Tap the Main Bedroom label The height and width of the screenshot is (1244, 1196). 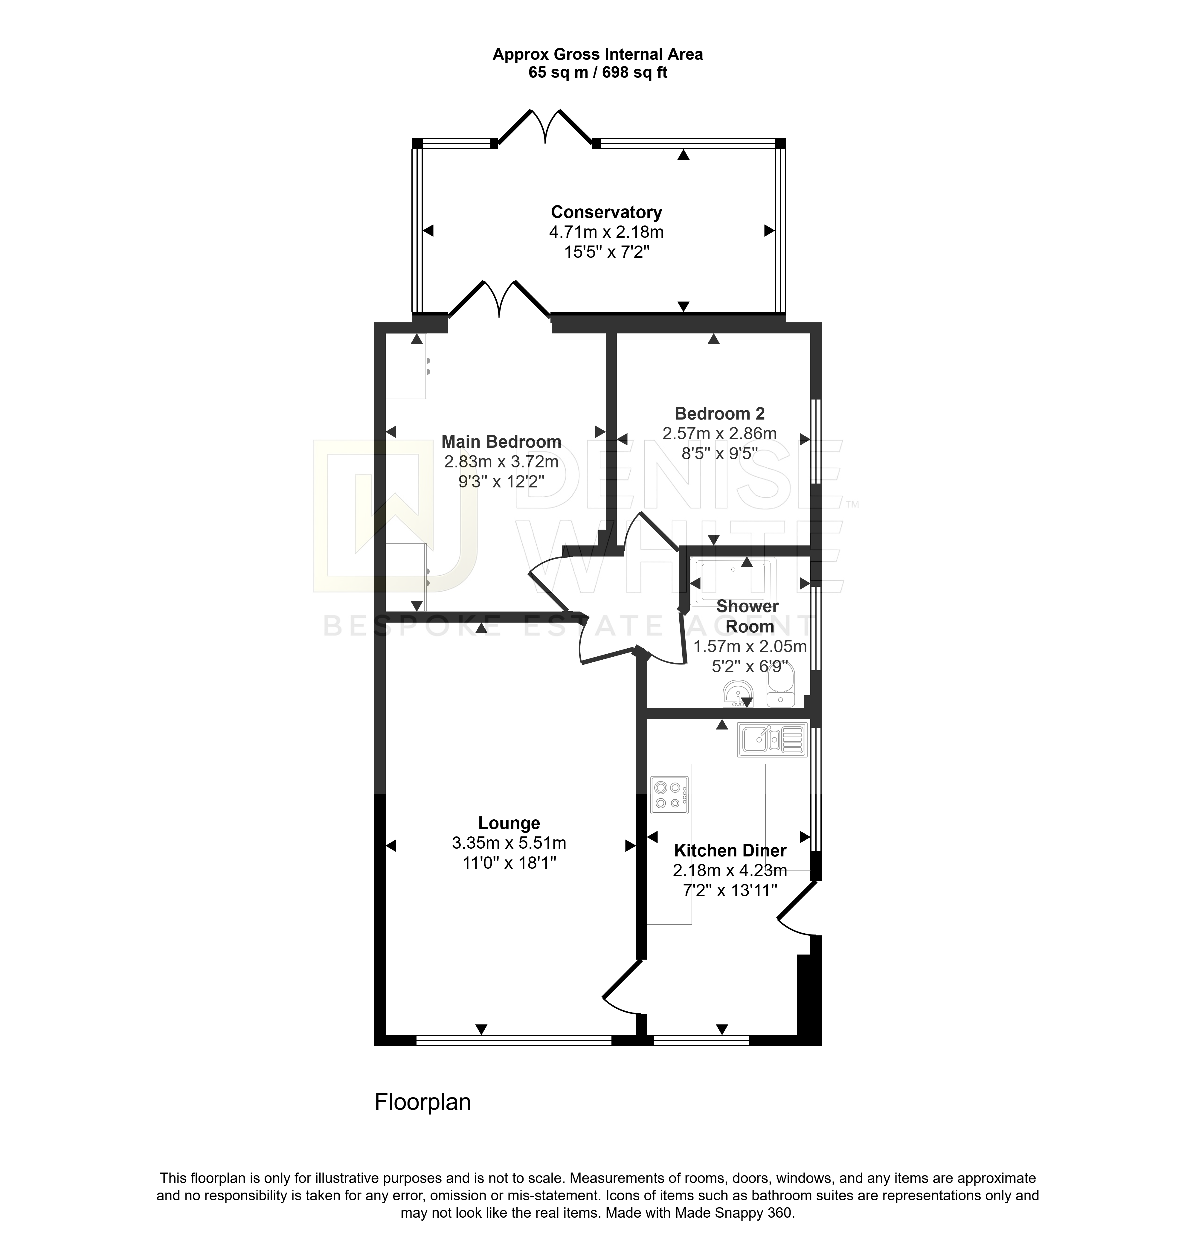coord(501,442)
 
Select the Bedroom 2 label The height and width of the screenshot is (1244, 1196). coord(719,414)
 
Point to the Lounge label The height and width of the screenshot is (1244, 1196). coord(509,823)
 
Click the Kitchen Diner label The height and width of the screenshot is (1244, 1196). coord(730,850)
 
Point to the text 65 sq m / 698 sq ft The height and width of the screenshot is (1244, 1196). coord(598,72)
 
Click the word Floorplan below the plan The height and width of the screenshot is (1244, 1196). coord(422,1102)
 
